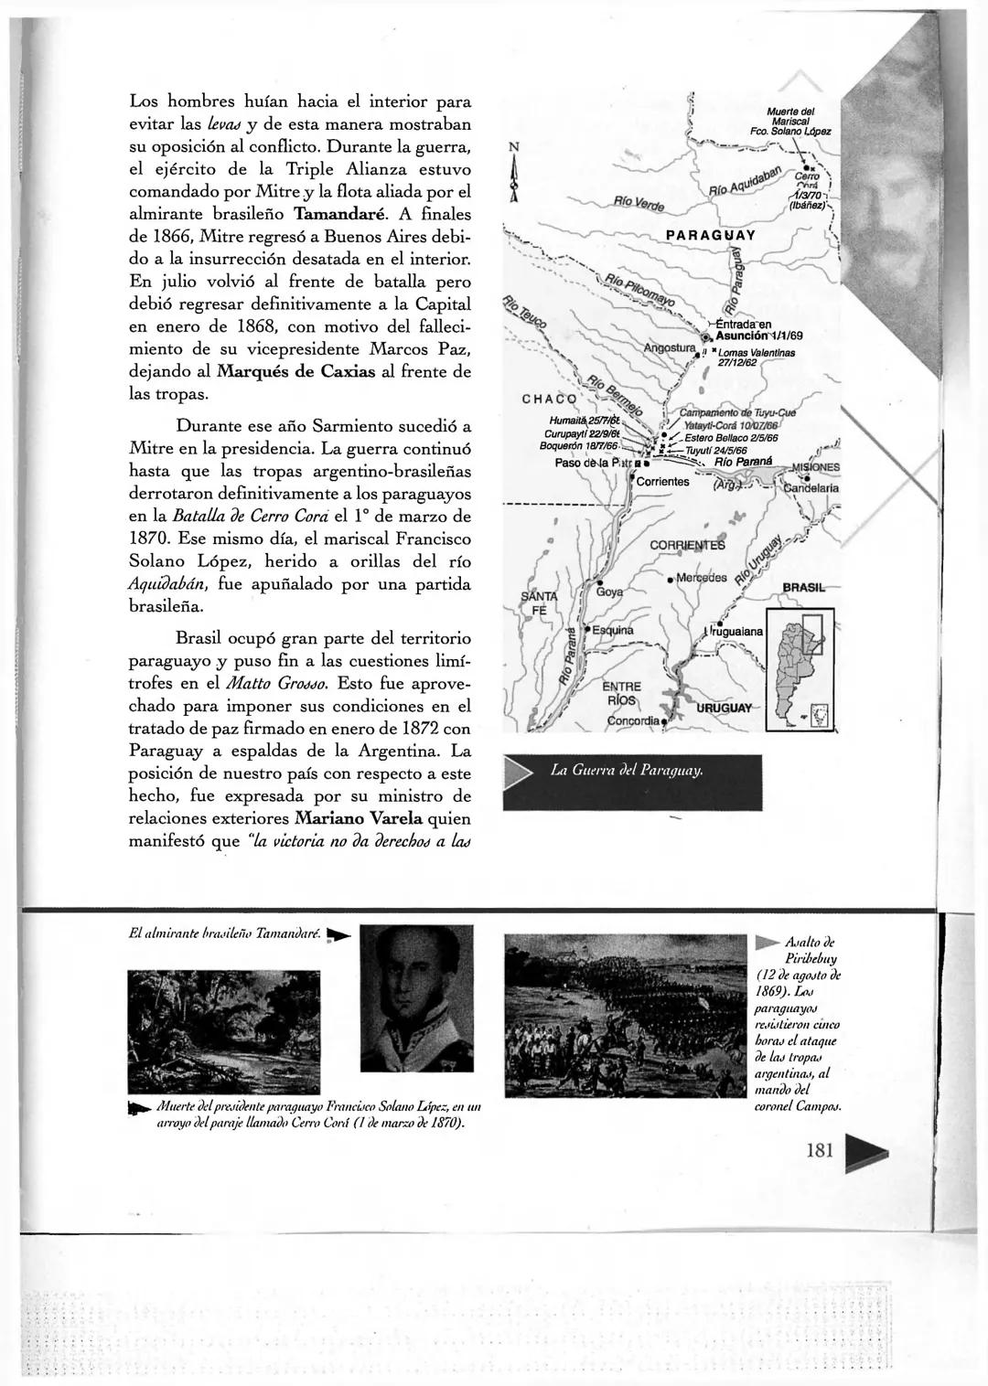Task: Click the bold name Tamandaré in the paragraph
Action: click(x=336, y=215)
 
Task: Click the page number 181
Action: click(x=820, y=1150)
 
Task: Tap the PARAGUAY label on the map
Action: click(x=711, y=235)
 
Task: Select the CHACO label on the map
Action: click(x=549, y=399)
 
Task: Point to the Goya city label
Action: click(x=609, y=592)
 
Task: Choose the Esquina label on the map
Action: click(x=612, y=631)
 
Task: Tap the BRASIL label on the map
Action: click(x=804, y=587)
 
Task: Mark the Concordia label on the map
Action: click(x=634, y=720)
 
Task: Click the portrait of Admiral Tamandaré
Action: click(x=416, y=991)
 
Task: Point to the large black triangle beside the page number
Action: click(x=868, y=1152)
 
